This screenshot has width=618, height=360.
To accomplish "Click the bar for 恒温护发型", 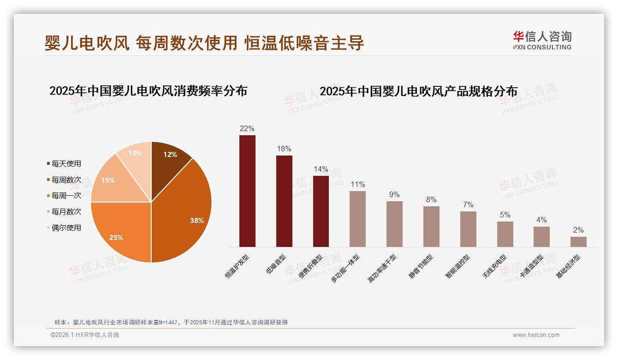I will pos(247,191).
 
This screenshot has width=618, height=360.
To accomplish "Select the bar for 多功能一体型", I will pos(357,219).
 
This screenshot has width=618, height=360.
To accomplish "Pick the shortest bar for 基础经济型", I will pos(578,242).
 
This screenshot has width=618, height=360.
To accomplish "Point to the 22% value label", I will pos(247,128).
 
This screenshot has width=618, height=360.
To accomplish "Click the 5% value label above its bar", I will pos(505,215).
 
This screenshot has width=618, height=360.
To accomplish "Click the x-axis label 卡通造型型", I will pos(531,267).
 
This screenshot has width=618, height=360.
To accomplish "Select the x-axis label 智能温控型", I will pos(458,267).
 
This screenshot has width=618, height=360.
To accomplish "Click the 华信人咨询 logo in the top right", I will pos(542,41).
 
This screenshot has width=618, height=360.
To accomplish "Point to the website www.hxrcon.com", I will pos(536,335).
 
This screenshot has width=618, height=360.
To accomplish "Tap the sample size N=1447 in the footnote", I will pos(169,322).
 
